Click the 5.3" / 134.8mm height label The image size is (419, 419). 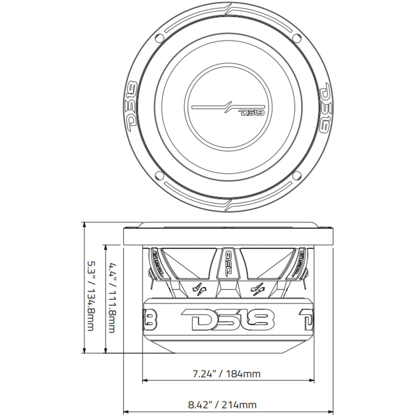tap(90, 296)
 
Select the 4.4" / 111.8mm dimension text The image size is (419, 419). tap(112, 297)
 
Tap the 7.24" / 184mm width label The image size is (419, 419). tap(225, 374)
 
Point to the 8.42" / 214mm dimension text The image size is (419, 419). tap(223, 404)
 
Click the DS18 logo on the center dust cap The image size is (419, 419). tap(252, 112)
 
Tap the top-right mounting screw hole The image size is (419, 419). tap(298, 38)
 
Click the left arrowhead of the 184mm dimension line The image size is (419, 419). tap(145, 380)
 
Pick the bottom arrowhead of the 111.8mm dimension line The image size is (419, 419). tap(106, 352)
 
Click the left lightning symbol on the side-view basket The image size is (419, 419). tap(200, 288)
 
